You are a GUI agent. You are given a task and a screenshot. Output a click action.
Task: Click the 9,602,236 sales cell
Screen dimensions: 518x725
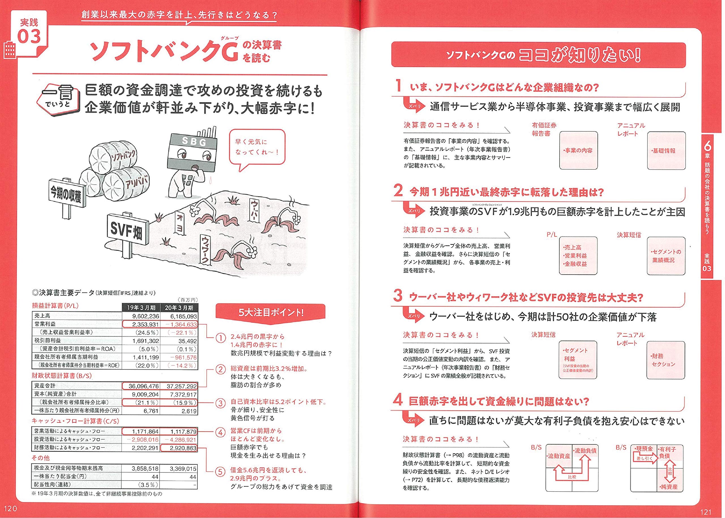click(x=141, y=316)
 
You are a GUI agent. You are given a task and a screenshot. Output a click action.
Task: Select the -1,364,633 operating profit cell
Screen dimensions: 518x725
click(x=179, y=324)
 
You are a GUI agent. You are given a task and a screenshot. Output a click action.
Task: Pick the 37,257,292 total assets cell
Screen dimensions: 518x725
click(x=179, y=386)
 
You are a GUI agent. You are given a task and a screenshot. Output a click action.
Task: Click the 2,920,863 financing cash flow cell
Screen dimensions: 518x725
click(x=179, y=448)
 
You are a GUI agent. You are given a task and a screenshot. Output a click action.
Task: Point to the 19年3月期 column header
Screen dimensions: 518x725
click(x=141, y=307)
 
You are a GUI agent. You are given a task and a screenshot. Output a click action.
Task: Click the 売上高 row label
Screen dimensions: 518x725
click(x=42, y=316)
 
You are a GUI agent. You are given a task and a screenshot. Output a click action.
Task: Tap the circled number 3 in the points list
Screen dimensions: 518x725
click(x=220, y=403)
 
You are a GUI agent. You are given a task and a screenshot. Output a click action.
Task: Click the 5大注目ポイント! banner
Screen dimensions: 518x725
click(x=270, y=312)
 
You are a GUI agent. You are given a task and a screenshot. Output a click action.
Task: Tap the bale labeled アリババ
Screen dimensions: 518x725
click(x=126, y=185)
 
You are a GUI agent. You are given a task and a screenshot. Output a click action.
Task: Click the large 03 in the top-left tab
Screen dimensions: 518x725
click(x=29, y=37)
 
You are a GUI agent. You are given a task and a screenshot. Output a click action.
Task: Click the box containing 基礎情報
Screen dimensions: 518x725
click(x=666, y=151)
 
